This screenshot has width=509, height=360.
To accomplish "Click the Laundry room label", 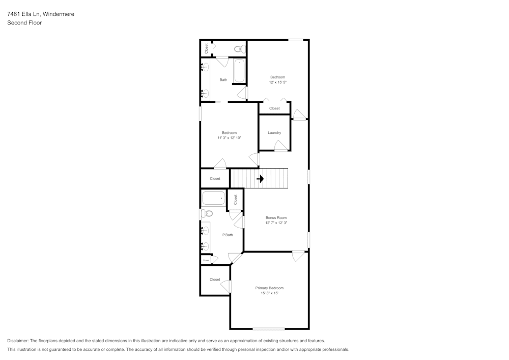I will pyautogui.click(x=274, y=133).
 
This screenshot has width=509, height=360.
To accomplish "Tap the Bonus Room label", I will pyautogui.click(x=276, y=218).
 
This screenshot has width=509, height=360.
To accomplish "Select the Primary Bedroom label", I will pyautogui.click(x=269, y=288).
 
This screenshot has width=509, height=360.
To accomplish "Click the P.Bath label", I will pyautogui.click(x=228, y=235).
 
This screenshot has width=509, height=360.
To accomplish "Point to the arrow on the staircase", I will pyautogui.click(x=260, y=179).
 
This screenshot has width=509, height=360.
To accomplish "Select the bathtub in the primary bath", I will pyautogui.click(x=213, y=198).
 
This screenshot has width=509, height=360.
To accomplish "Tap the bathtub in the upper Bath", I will pyautogui.click(x=239, y=71).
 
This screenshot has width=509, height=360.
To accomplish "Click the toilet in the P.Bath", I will pyautogui.click(x=206, y=214).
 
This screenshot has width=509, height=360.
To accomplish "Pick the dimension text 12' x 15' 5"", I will pyautogui.click(x=277, y=82).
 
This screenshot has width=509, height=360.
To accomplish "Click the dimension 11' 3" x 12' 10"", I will pyautogui.click(x=229, y=137).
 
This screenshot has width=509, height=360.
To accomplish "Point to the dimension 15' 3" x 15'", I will pyautogui.click(x=269, y=293).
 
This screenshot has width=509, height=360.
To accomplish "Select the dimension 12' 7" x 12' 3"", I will pyautogui.click(x=276, y=223).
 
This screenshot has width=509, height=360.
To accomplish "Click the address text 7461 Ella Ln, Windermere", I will pyautogui.click(x=41, y=14).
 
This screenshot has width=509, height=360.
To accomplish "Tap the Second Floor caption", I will pyautogui.click(x=24, y=23).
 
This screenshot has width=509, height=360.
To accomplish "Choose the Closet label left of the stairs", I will pyautogui.click(x=215, y=179).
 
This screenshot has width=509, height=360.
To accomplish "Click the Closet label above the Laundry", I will pyautogui.click(x=274, y=108).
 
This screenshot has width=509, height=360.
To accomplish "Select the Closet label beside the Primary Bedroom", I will pyautogui.click(x=215, y=280).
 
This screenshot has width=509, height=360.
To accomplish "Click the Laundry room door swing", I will pyautogui.click(x=281, y=146).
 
